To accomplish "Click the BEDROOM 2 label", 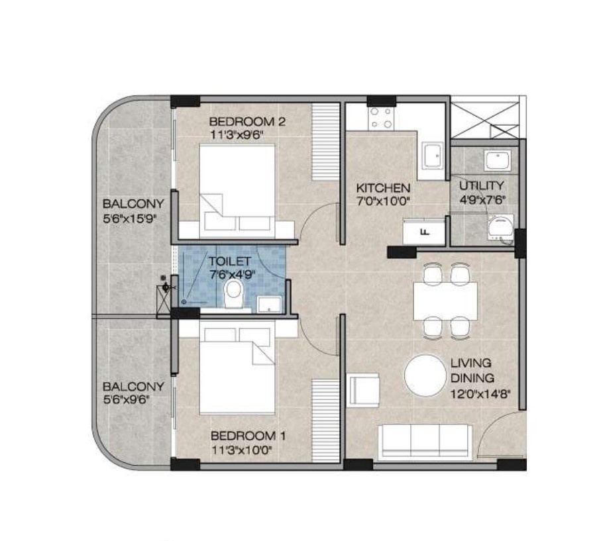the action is click(x=247, y=122).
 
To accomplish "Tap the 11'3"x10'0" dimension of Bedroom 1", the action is click(x=242, y=450).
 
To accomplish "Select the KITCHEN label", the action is click(x=383, y=188).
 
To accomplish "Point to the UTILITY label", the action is click(x=482, y=186).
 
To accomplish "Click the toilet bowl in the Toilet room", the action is click(x=233, y=293).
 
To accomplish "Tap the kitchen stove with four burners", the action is click(x=382, y=118).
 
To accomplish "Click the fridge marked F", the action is click(x=424, y=231).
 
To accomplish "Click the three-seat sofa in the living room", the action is click(x=425, y=442).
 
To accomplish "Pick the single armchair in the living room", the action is click(x=363, y=390).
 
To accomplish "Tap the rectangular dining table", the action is click(x=445, y=301).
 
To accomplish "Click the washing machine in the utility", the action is click(x=500, y=228).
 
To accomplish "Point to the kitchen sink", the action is click(x=433, y=156).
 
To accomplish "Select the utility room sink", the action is click(x=497, y=160).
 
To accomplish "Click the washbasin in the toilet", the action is click(x=270, y=304).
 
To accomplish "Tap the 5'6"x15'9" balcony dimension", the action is click(x=131, y=219).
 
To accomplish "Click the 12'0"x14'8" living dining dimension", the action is click(x=480, y=394).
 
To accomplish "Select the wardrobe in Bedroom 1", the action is click(x=326, y=420).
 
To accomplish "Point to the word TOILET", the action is click(x=229, y=262).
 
